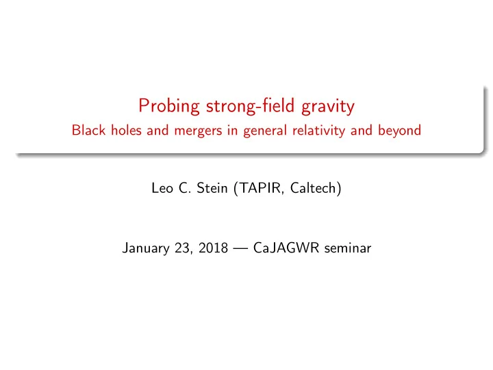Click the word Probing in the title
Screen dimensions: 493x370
tap(169, 106)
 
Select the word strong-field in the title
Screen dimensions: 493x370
tap(250, 105)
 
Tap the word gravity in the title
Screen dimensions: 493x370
tap(328, 107)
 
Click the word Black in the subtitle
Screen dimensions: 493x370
tap(88, 130)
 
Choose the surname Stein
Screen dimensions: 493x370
tap(212, 188)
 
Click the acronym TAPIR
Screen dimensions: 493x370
tap(260, 189)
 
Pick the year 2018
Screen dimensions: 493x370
tap(213, 248)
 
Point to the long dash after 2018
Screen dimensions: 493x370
tap(240, 249)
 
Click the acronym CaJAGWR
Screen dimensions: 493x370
tap(286, 248)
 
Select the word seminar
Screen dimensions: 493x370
tap(348, 248)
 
